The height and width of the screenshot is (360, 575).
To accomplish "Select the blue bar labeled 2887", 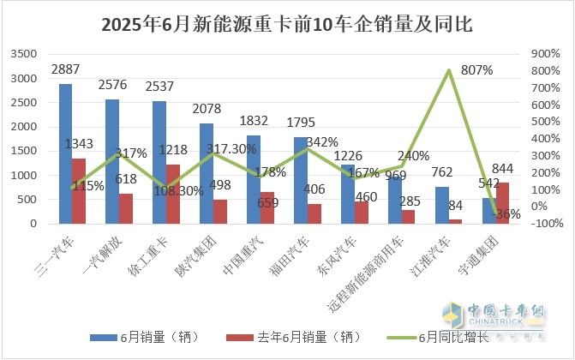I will [65, 153].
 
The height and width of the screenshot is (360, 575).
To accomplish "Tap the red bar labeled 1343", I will [79, 191].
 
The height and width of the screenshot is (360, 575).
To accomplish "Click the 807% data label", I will [476, 70].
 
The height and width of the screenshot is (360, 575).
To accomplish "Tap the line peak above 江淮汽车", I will [449, 70].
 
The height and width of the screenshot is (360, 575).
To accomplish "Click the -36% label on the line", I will [507, 214].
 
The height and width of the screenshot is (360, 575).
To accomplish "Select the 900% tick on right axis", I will [545, 54].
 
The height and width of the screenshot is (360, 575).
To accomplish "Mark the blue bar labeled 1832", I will [254, 179].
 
